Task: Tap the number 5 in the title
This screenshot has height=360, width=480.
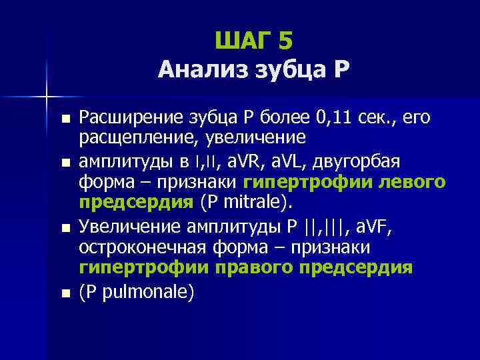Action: coord(285,41)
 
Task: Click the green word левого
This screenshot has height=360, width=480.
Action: coord(410,181)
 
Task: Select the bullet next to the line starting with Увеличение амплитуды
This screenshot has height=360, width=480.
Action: coord(64,228)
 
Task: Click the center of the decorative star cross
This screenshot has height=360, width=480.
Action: coord(47,97)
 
